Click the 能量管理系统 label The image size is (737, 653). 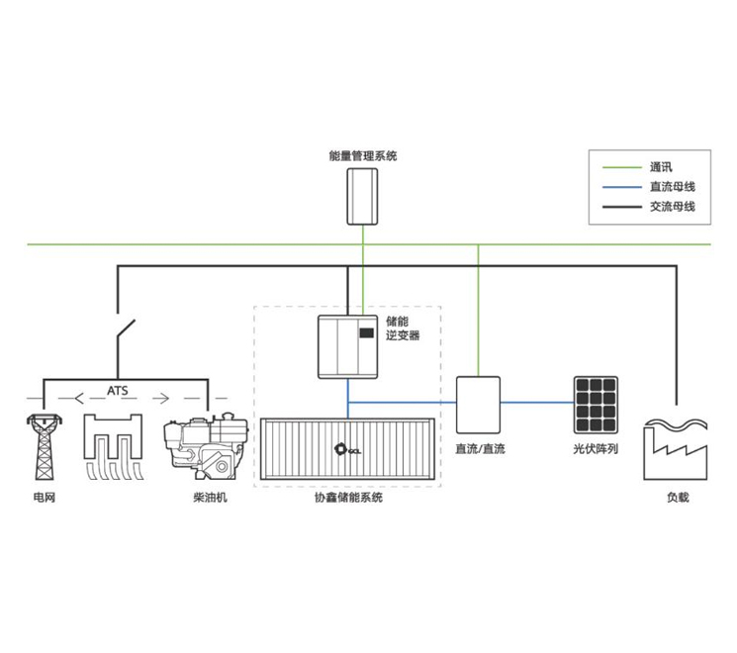tap(363, 156)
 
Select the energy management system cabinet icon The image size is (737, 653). tap(363, 196)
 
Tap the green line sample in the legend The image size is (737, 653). tap(619, 166)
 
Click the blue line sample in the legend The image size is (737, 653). tap(619, 186)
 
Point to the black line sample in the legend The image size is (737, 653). tap(619, 207)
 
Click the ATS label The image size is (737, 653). tap(119, 391)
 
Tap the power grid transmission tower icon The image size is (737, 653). tap(43, 446)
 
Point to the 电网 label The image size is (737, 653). tap(44, 497)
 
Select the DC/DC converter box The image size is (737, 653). tap(478, 404)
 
